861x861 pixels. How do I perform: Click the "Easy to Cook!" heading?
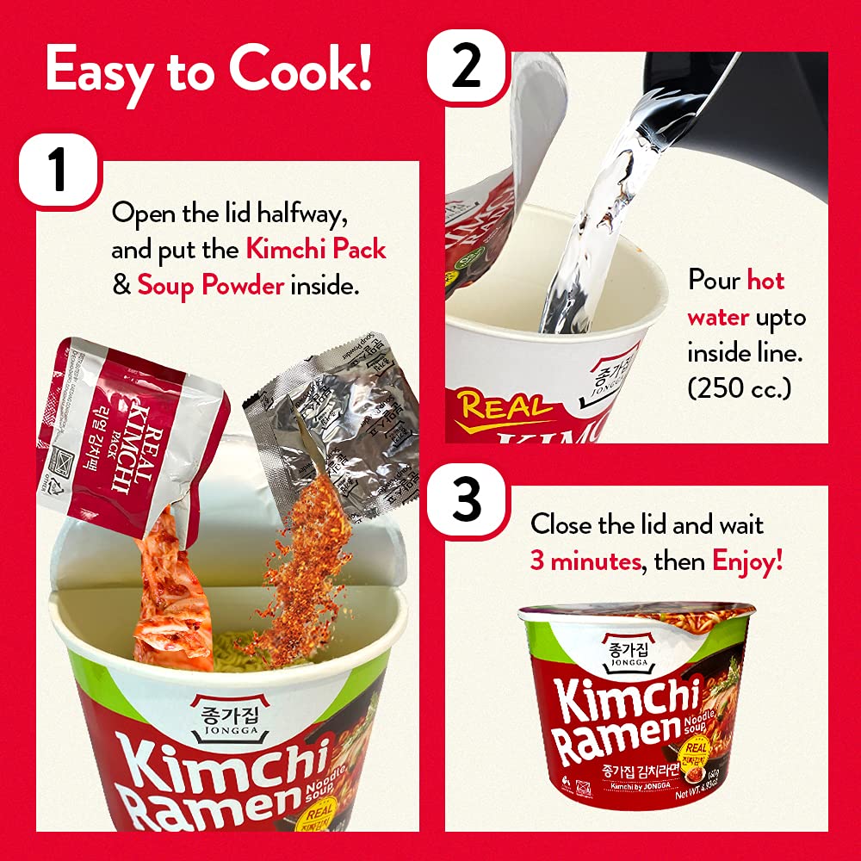tap(209, 70)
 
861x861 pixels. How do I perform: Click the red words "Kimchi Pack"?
tap(316, 250)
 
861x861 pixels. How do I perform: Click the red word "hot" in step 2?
tap(765, 281)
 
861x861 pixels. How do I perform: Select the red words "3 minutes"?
tap(585, 562)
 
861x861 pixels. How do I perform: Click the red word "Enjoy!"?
tap(747, 562)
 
